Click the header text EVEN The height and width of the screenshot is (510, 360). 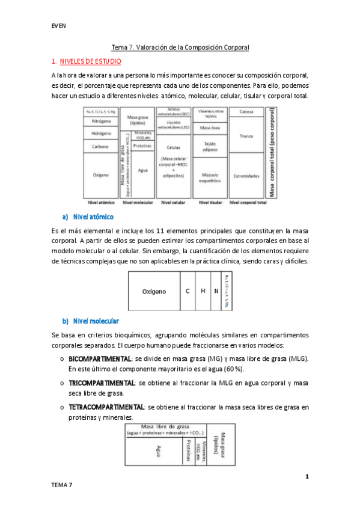pos(58,25)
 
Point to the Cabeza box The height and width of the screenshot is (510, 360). pos(246,112)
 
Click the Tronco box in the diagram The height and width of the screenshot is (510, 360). pos(246,136)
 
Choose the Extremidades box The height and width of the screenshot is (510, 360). pos(246,176)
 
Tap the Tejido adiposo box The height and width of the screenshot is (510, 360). pos(210,146)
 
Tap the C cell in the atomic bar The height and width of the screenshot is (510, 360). pos(188,291)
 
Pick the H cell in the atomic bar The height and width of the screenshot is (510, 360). pos(203,291)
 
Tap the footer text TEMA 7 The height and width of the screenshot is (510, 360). pos(61,485)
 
